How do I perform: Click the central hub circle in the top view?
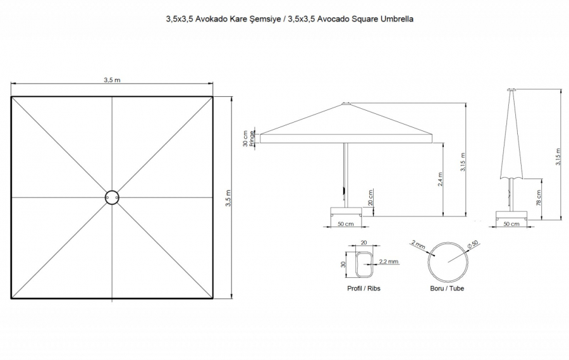click(x=112, y=191)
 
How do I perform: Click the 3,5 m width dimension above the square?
click(x=112, y=80)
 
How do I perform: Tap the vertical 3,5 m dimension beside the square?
click(x=228, y=198)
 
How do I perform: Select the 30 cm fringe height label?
click(x=246, y=139)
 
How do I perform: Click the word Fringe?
click(x=252, y=139)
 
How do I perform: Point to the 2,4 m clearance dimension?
click(x=440, y=179)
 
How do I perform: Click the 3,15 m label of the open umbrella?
click(x=463, y=162)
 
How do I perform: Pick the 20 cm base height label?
click(x=370, y=197)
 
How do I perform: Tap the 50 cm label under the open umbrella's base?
click(x=345, y=224)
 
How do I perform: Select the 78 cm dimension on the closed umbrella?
click(x=538, y=197)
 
